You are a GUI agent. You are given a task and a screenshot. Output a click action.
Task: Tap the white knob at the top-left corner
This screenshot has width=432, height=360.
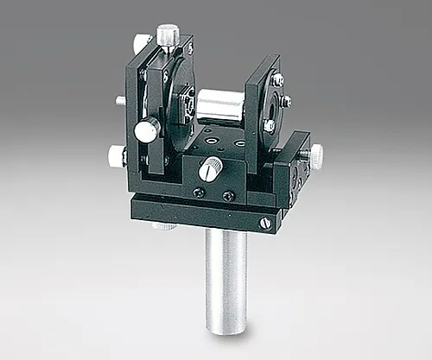tap(142, 43)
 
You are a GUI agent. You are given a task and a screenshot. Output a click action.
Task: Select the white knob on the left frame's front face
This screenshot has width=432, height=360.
tap(148, 130)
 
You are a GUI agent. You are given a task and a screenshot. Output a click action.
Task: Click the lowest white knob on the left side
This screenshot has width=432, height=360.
tap(117, 156)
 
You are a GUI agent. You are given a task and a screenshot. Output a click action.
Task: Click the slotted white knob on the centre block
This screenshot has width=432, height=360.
tap(210, 170)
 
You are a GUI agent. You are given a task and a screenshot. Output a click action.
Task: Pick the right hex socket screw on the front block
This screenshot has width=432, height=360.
tap(228, 196)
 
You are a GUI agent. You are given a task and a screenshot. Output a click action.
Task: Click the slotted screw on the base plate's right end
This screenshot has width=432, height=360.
tap(265, 224)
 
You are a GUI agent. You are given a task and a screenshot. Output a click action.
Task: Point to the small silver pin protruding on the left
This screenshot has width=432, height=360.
tap(120, 101)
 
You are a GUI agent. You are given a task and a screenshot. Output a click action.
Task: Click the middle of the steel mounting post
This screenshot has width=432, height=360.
tap(226, 276)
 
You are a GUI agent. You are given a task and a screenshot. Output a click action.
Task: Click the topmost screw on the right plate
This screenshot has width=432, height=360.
tap(277, 79)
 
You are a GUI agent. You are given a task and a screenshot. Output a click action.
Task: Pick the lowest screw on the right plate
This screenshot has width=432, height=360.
tap(269, 126)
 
